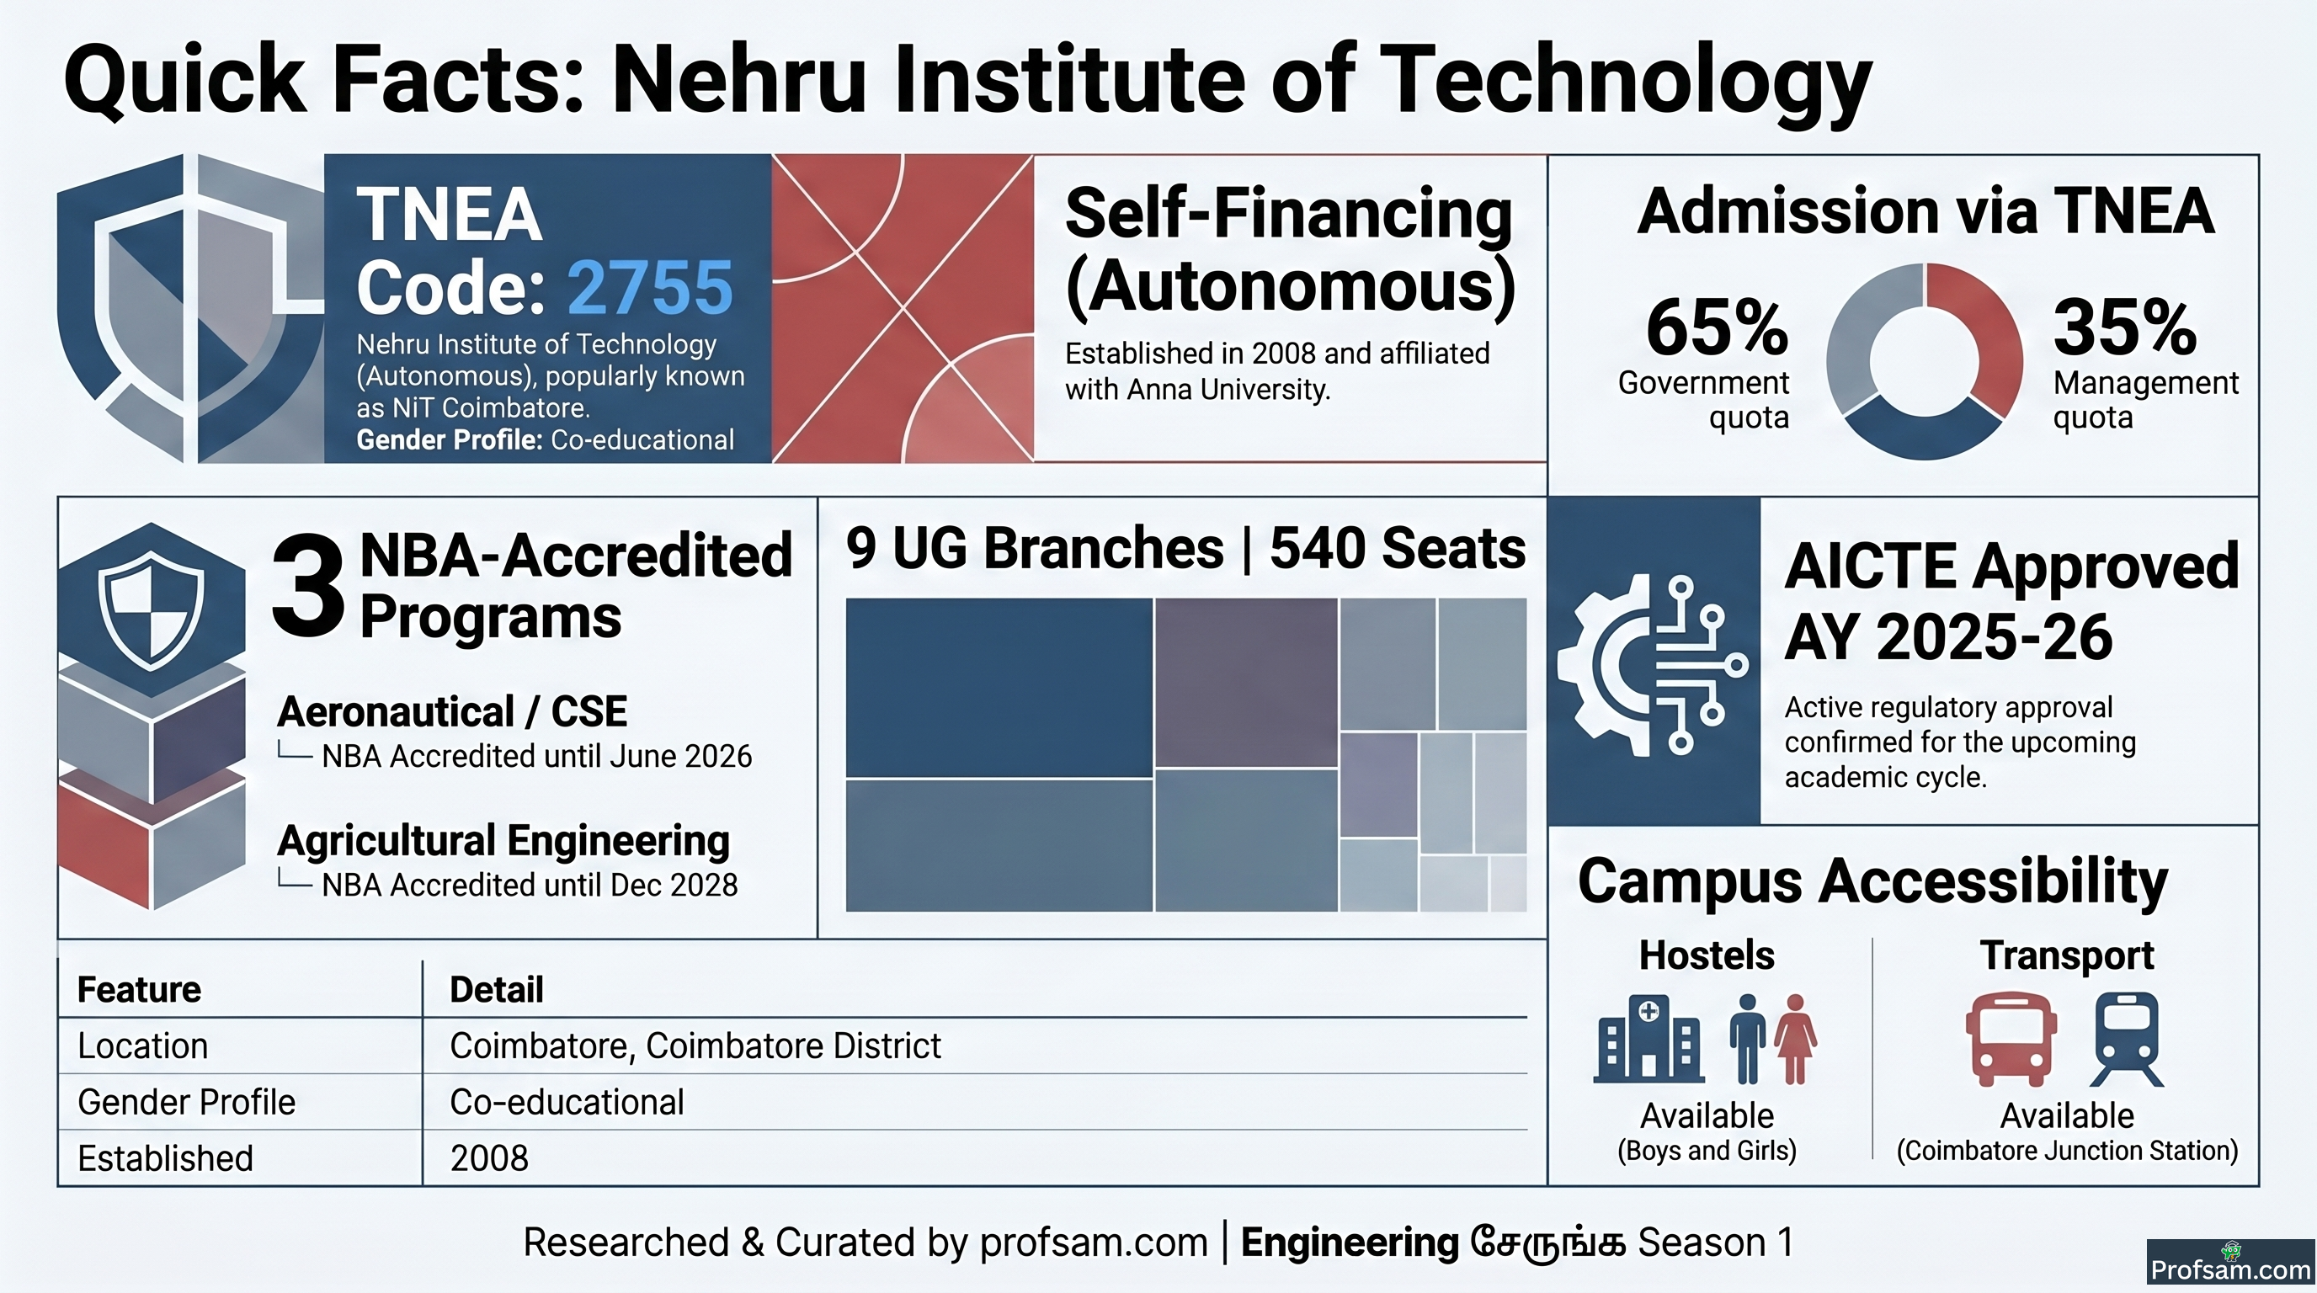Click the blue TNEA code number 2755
coord(649,288)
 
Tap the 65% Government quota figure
coord(1717,327)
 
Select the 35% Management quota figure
coord(2124,327)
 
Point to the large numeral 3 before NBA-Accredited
coord(307,584)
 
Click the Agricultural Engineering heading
coord(503,841)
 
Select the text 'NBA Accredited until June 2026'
coord(537,756)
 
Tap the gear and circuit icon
coord(1654,664)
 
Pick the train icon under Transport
coord(2128,1040)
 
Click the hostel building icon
coord(1649,1039)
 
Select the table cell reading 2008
coord(489,1158)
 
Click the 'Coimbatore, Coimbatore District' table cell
coord(695,1046)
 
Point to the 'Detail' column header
coord(497,989)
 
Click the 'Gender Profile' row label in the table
coord(186,1103)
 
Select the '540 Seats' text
coord(1398,549)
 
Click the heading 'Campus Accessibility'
coord(1872,881)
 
